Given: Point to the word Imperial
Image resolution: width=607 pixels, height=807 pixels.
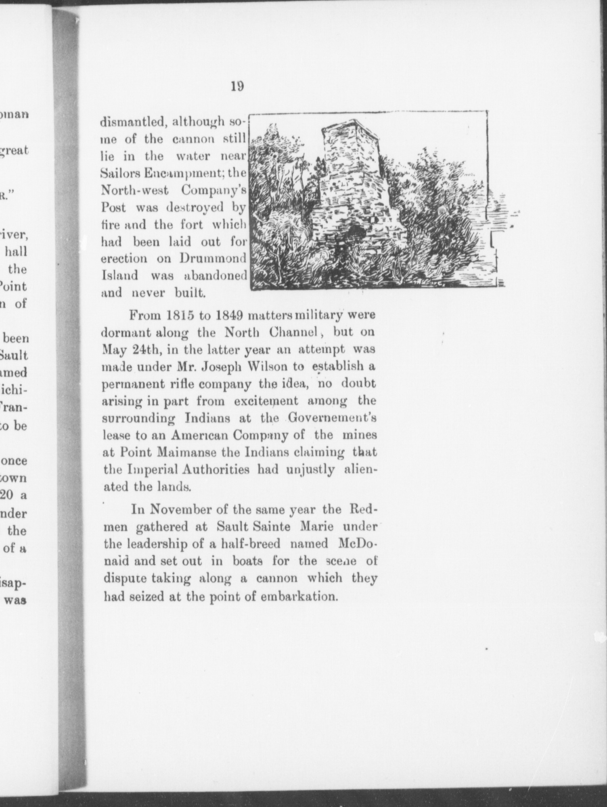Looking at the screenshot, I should (x=148, y=470).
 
